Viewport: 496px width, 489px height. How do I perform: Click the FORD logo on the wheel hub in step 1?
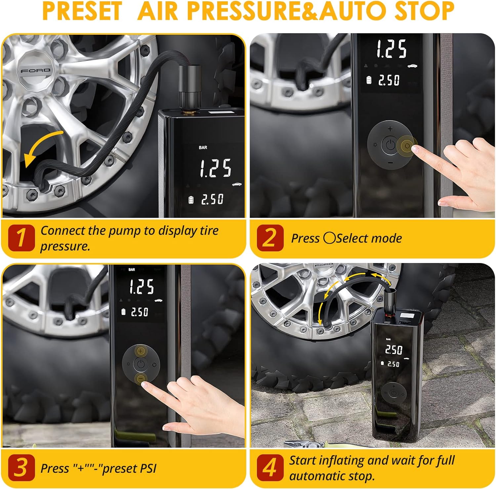tap(35, 70)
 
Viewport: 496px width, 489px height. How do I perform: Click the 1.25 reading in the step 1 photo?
tap(215, 168)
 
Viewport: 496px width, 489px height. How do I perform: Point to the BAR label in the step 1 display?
tap(203, 147)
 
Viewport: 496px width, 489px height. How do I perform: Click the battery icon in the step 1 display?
tap(191, 200)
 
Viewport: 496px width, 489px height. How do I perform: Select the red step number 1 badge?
tap(21, 238)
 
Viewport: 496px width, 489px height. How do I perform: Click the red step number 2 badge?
tap(270, 238)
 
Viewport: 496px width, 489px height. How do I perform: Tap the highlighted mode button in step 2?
tap(407, 146)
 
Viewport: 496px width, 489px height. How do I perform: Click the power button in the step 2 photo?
tap(390, 145)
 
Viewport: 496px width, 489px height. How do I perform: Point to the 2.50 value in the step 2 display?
tap(389, 80)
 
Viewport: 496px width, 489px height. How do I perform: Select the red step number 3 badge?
tap(21, 468)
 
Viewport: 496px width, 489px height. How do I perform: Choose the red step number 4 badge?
tap(270, 468)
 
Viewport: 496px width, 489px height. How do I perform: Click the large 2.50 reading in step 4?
tap(393, 350)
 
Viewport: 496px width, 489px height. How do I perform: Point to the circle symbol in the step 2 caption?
tap(329, 238)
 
